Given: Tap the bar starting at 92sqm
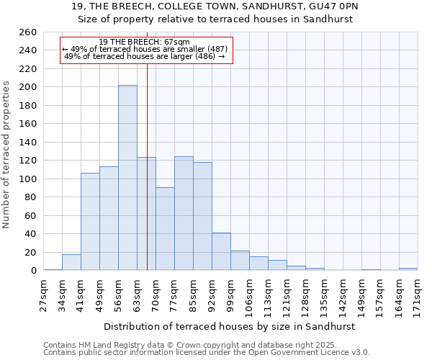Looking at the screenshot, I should click(x=221, y=251).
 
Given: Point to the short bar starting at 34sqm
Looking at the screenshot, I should click(x=71, y=263).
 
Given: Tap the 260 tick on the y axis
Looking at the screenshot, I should click(x=29, y=32).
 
